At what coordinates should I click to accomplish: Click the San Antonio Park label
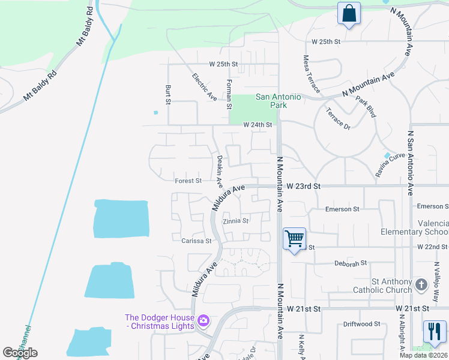(279, 101)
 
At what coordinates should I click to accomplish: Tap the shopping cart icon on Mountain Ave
(294, 239)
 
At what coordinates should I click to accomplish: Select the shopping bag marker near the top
(349, 13)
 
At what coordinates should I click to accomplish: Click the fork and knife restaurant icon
(435, 332)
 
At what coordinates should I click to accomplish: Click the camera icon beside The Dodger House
(203, 322)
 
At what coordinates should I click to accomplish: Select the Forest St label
(188, 181)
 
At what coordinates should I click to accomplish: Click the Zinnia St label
(235, 221)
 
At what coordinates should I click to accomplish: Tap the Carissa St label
(196, 241)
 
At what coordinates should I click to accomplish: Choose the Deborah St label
(350, 263)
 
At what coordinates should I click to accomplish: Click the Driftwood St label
(361, 324)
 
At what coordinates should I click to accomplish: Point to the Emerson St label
(342, 209)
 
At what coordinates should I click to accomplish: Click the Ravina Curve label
(395, 157)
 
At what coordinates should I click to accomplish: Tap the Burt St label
(168, 94)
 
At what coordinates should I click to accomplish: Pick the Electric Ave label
(204, 86)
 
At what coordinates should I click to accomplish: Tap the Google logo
(20, 353)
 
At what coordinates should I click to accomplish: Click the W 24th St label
(258, 125)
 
